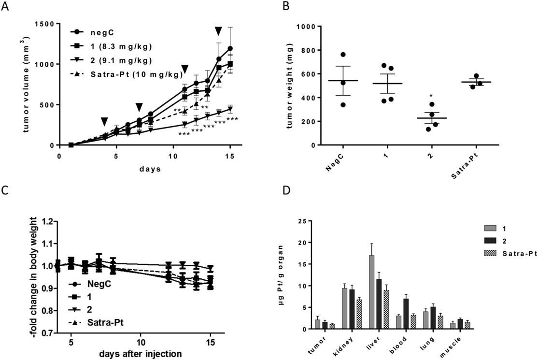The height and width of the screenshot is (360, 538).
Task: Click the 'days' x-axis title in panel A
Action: pyautogui.click(x=151, y=170)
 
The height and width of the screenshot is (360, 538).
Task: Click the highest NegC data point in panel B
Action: pyautogui.click(x=343, y=55)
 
